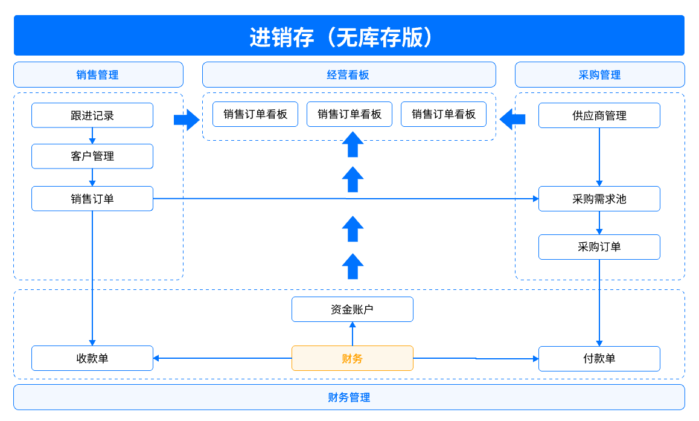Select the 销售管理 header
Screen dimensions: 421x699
click(98, 75)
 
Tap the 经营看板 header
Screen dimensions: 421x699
click(349, 75)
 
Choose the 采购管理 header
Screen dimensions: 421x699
click(599, 75)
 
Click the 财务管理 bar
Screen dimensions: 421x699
click(349, 397)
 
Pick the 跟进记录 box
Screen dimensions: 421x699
click(92, 115)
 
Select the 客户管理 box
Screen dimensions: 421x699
click(92, 156)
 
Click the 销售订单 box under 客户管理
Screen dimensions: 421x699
click(92, 199)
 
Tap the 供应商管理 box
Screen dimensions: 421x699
click(599, 115)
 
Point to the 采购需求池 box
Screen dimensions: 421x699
click(599, 199)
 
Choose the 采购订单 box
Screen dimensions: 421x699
click(599, 247)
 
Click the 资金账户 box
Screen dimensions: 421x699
click(353, 309)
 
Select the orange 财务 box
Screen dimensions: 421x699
click(353, 358)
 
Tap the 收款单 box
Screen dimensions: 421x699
click(92, 358)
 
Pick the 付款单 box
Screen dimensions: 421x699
click(599, 359)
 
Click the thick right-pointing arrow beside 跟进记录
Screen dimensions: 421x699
click(186, 120)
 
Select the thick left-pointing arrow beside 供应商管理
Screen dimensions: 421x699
click(512, 120)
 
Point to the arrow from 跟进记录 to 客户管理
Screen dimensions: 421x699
click(92, 136)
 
